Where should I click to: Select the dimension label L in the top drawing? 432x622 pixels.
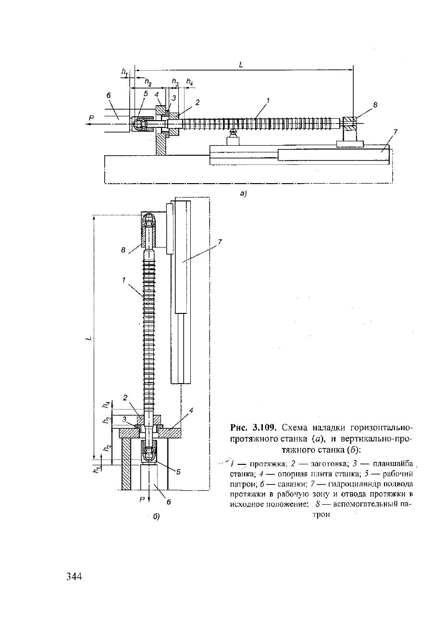click(x=241, y=65)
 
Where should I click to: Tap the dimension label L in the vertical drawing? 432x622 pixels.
click(x=88, y=338)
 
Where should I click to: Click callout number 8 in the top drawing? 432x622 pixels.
click(x=375, y=105)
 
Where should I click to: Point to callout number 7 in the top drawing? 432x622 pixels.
click(x=395, y=132)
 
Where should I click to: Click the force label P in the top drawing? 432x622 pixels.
click(x=91, y=118)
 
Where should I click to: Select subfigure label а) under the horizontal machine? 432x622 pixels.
click(x=243, y=194)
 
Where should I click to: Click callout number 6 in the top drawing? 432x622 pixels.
click(x=108, y=96)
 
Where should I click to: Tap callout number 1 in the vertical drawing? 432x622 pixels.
click(x=124, y=280)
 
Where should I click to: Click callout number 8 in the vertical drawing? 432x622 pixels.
click(x=123, y=250)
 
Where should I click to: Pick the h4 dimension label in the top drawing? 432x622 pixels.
click(x=190, y=82)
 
